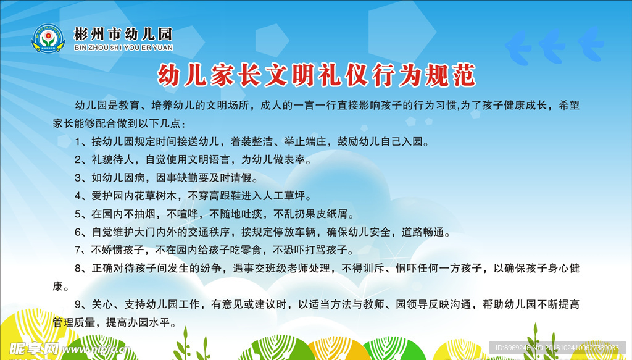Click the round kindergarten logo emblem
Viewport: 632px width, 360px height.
(48, 39)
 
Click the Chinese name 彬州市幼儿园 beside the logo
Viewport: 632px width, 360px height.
(123, 33)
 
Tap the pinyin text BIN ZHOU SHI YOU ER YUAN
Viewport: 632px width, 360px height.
(123, 47)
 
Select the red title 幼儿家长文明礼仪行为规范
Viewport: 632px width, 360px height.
(317, 76)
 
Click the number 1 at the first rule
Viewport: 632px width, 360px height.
(78, 141)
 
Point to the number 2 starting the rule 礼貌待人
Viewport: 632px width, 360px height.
(78, 159)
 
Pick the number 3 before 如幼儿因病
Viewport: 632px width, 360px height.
(78, 178)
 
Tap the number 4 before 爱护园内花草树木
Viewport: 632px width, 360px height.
(78, 196)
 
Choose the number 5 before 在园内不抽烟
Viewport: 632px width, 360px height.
(78, 214)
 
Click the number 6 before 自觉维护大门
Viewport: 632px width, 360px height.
(78, 232)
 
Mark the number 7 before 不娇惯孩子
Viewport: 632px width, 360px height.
(78, 250)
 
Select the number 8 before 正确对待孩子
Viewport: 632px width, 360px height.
(78, 269)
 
